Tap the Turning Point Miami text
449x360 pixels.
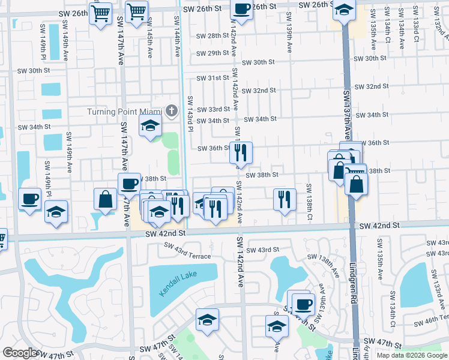(x=124, y=112)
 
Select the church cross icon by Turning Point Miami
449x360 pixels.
(x=172, y=110)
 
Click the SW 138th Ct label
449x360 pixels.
(x=310, y=201)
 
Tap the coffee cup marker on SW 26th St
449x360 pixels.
(x=242, y=10)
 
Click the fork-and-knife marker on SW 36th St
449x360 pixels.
(x=241, y=153)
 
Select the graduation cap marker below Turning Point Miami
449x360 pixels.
(x=150, y=126)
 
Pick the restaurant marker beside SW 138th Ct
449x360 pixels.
(x=285, y=199)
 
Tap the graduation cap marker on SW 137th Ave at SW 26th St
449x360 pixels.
(x=344, y=10)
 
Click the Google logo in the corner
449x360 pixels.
(x=20, y=353)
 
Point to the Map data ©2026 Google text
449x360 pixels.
(x=412, y=355)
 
